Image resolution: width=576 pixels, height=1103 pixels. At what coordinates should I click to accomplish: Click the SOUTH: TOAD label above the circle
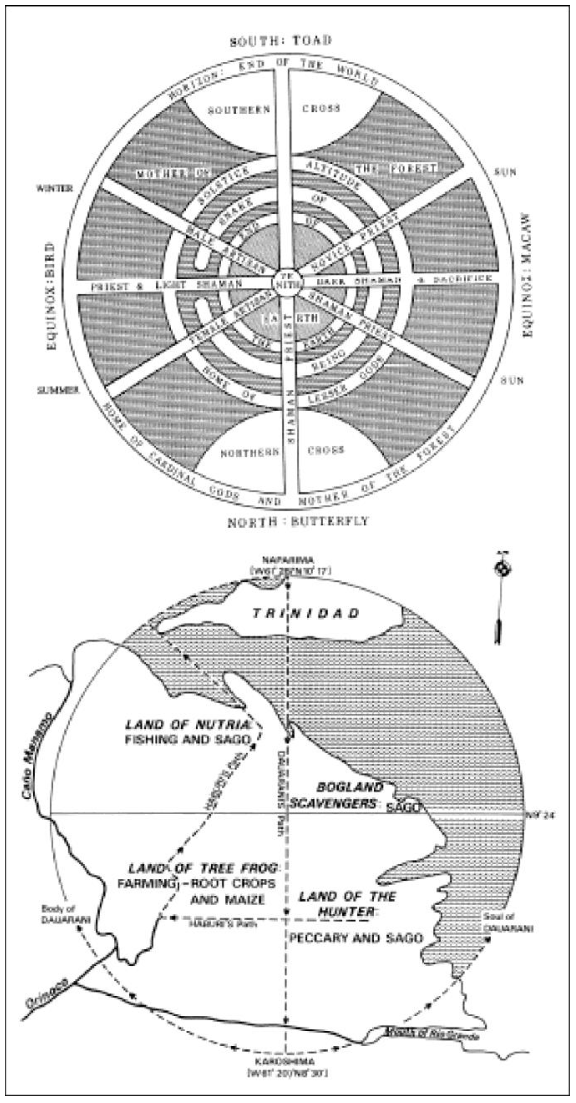281,41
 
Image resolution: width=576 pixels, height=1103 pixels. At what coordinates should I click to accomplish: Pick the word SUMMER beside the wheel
58,390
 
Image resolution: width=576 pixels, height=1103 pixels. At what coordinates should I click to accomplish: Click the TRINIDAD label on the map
306,613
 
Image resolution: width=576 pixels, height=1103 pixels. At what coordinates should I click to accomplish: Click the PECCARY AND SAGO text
356,938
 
